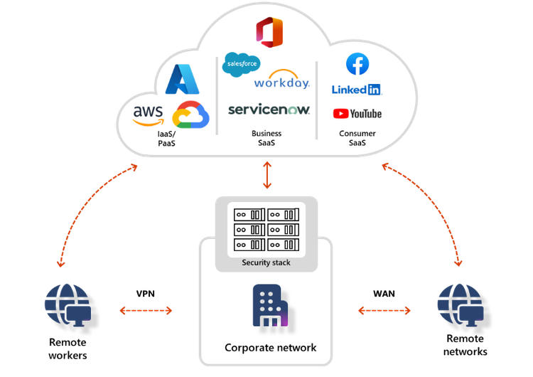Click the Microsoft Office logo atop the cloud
(269, 33)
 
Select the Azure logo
(180, 79)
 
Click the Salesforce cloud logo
(242, 64)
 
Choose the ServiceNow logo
(269, 110)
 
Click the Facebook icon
(357, 64)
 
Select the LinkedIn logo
(357, 90)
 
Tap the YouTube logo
(357, 114)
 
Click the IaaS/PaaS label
(168, 139)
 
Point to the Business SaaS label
(266, 138)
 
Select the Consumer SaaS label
(357, 138)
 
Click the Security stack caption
(266, 263)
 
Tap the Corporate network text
(270, 348)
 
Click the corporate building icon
(270, 306)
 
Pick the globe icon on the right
(463, 308)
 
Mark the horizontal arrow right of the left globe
(145, 311)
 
